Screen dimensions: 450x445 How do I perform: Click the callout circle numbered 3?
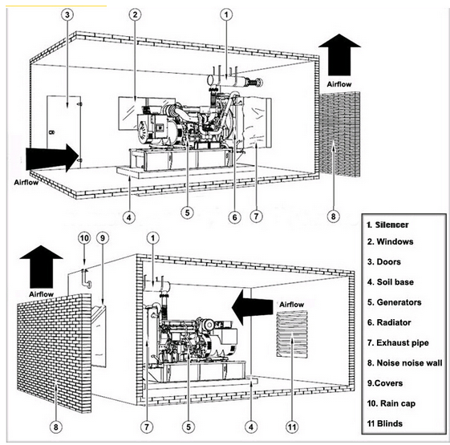point(67,14)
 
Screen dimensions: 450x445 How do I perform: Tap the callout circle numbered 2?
point(136,14)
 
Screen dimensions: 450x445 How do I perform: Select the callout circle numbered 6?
point(234,217)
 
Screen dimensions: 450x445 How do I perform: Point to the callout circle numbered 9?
point(103,238)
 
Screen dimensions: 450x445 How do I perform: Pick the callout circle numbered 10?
point(84,238)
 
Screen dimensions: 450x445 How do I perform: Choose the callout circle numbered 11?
point(292,427)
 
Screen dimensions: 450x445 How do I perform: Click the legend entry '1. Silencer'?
point(387,225)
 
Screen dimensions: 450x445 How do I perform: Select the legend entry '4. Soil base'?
point(391,282)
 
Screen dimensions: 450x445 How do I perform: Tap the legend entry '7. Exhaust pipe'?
point(398,343)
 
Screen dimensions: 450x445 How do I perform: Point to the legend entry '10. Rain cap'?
point(391,403)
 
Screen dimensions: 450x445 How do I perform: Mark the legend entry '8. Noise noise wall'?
point(404,363)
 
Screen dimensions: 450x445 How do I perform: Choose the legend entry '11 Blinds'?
point(384,423)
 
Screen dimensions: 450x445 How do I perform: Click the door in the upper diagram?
point(63,132)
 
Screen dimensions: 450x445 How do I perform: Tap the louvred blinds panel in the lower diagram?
point(292,334)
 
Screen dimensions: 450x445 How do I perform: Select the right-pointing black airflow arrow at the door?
point(52,157)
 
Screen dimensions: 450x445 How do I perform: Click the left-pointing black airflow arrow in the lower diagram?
point(253,307)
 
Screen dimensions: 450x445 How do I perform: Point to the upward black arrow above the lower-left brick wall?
point(42,266)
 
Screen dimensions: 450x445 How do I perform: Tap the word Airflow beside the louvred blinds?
point(292,305)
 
